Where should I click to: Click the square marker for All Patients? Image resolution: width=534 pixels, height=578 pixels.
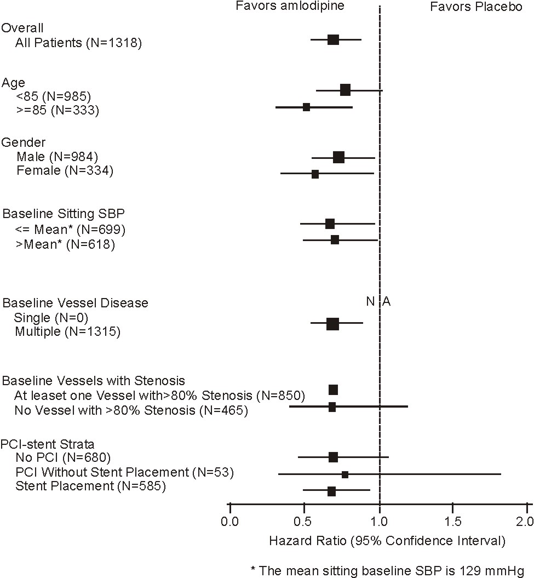[x=333, y=39]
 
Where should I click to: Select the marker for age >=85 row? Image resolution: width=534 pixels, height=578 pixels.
[x=306, y=107]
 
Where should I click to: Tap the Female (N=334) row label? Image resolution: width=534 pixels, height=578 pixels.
[x=65, y=171]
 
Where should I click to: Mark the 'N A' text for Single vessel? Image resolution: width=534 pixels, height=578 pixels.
[x=378, y=301]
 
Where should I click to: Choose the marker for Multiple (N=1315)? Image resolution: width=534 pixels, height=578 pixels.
[x=332, y=324]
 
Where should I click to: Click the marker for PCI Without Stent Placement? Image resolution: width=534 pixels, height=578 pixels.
[x=344, y=474]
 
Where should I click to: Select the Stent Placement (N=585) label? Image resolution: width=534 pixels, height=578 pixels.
[x=90, y=485]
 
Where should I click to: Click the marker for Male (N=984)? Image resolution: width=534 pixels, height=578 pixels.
[x=338, y=157]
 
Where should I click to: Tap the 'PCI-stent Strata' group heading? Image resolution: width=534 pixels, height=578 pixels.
[x=44, y=444]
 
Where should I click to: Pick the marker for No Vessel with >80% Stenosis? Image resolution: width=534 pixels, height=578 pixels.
[x=332, y=407]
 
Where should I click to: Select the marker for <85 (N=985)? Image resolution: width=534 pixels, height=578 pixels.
[x=345, y=90]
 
